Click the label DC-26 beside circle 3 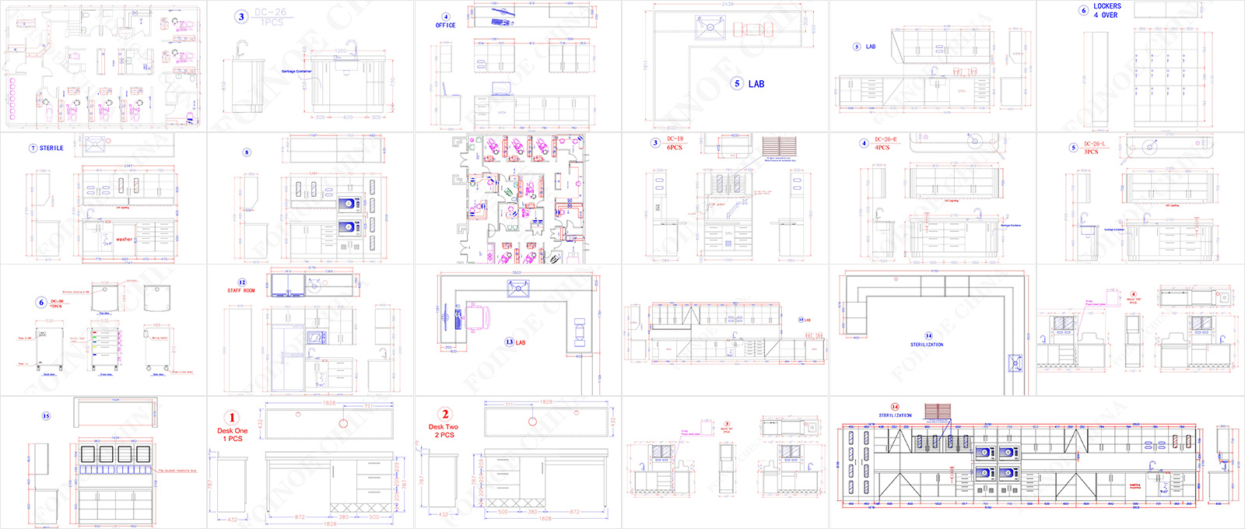tap(270, 12)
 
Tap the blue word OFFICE tap(446, 26)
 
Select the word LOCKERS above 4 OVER tap(1106, 6)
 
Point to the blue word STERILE tap(51, 148)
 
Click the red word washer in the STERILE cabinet tap(124, 239)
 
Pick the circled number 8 tap(247, 152)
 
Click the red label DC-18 tap(675, 139)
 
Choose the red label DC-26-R tap(886, 140)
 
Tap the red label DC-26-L tap(1093, 144)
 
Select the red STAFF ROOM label tap(241, 291)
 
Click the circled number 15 tap(46, 416)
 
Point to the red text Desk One tap(232, 430)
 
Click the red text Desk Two tap(444, 427)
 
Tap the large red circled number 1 tap(232, 418)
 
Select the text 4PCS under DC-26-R tap(882, 148)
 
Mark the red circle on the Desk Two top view tap(532, 422)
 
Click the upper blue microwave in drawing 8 tap(348, 204)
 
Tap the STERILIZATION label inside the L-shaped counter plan tap(927, 345)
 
